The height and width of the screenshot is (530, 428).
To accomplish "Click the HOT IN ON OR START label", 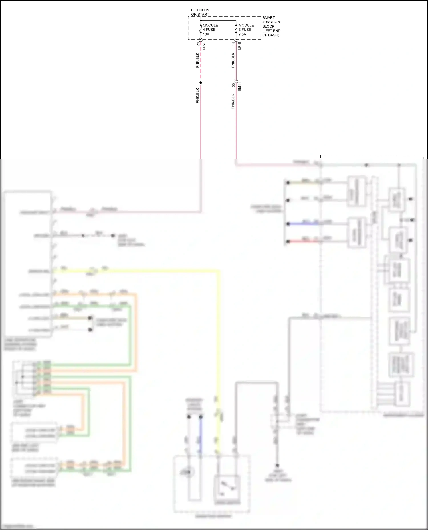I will pyautogui.click(x=200, y=12).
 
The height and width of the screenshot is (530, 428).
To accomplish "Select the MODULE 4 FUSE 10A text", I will pyautogui.click(x=210, y=30).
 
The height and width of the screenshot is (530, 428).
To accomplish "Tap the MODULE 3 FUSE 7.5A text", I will pyautogui.click(x=246, y=30).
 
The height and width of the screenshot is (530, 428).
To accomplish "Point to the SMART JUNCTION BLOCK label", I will pyautogui.click(x=271, y=26).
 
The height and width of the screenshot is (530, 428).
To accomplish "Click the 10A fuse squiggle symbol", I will pyautogui.click(x=201, y=30).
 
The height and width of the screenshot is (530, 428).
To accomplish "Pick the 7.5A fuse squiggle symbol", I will pyautogui.click(x=236, y=30).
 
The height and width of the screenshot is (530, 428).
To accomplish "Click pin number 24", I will pyautogui.click(x=198, y=44).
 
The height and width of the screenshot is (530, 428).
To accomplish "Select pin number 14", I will pyautogui.click(x=233, y=44).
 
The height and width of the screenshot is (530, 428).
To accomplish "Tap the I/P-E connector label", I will pyautogui.click(x=204, y=46).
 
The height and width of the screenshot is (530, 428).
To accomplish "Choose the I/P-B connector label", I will pyautogui.click(x=240, y=46).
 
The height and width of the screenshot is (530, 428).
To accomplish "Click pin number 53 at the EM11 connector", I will pyautogui.click(x=233, y=85).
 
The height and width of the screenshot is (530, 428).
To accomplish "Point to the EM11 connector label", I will pyautogui.click(x=240, y=86).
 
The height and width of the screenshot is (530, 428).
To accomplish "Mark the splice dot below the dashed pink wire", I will pyautogui.click(x=201, y=83).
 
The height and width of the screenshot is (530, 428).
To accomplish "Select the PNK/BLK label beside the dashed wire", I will pyautogui.click(x=197, y=60).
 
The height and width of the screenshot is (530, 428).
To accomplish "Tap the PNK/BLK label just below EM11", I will pyautogui.click(x=233, y=101).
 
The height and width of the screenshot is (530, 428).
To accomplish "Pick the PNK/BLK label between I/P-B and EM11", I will pyautogui.click(x=233, y=60).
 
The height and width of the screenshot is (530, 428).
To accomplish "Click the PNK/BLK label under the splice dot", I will pyautogui.click(x=197, y=95).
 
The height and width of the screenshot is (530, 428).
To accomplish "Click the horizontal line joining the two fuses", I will pyautogui.click(x=219, y=21).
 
